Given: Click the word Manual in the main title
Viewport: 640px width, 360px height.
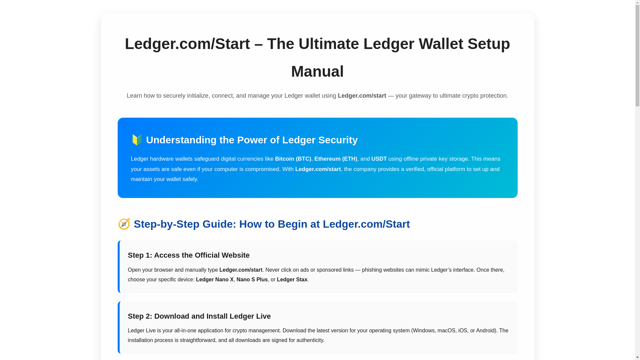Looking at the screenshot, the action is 317,71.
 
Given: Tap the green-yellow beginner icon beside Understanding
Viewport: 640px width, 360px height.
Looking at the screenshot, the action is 137,140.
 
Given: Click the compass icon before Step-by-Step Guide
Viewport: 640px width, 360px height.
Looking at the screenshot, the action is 124,224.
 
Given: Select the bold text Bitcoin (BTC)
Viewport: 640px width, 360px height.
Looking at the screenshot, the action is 293,159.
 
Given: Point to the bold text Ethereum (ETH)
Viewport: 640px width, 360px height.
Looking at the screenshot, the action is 336,159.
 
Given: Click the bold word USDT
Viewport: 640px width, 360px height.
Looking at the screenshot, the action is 379,159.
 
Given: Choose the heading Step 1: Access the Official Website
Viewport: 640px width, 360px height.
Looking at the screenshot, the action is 189,255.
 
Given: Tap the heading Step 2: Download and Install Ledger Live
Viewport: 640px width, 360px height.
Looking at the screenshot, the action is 199,316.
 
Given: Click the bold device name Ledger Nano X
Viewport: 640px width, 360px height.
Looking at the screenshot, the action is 215,280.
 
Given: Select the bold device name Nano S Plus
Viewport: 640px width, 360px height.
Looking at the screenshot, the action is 252,280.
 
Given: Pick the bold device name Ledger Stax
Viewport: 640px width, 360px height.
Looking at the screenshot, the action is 292,280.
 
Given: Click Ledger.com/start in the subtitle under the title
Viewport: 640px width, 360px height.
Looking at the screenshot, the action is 362,96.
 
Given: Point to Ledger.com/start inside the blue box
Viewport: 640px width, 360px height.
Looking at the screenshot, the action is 318,169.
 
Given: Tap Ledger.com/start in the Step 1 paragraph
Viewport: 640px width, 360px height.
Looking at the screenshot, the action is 241,270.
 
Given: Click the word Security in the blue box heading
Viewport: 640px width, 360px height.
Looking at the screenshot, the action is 338,140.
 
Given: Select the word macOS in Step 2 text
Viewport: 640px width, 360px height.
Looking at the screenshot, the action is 446,331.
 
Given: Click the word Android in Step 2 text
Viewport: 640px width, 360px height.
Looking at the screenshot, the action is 485,331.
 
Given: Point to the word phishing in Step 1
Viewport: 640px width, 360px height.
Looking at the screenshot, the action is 372,270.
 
